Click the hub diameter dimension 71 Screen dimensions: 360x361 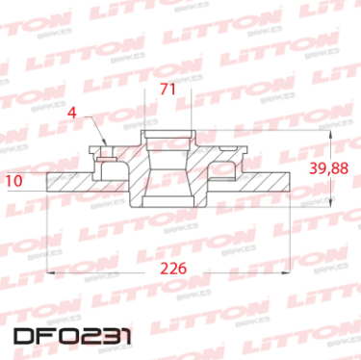(x=168, y=90)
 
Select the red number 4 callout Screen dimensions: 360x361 (x=72, y=112)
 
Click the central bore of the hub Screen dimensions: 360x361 (x=167, y=173)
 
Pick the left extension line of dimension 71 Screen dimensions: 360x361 (x=142, y=111)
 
